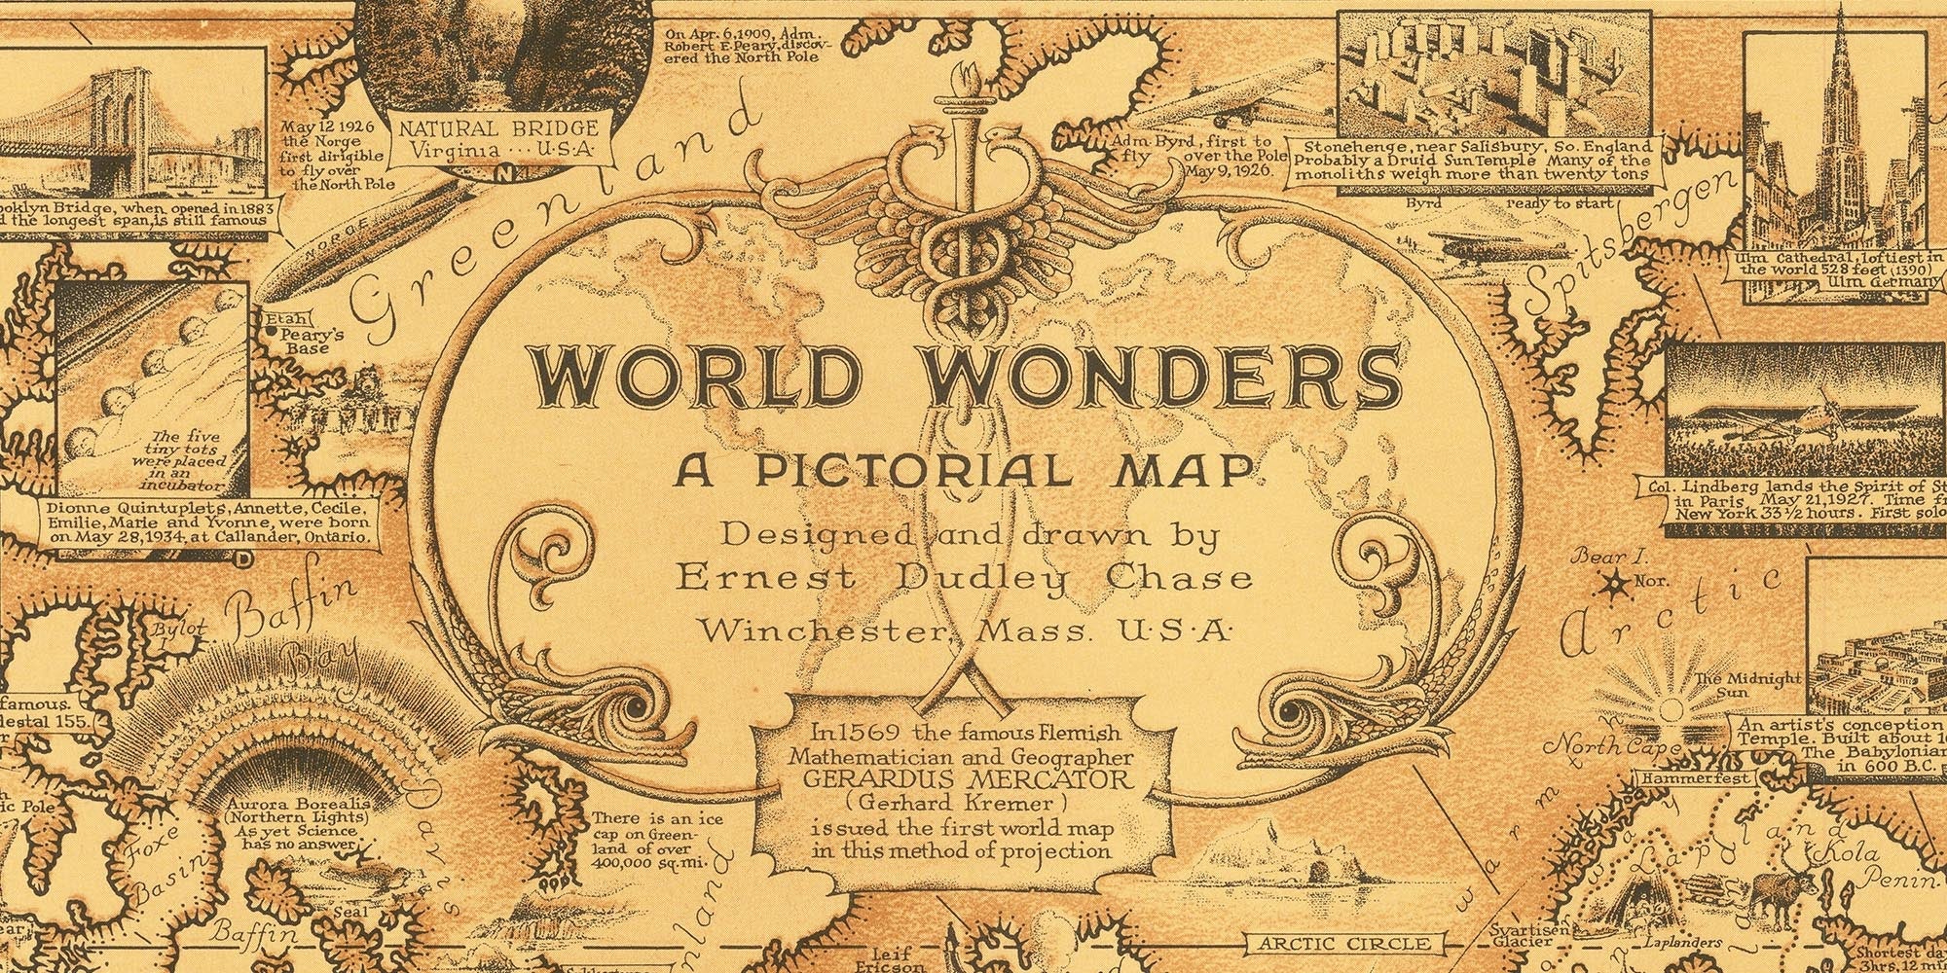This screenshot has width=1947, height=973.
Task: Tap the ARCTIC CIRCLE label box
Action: (1343, 943)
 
